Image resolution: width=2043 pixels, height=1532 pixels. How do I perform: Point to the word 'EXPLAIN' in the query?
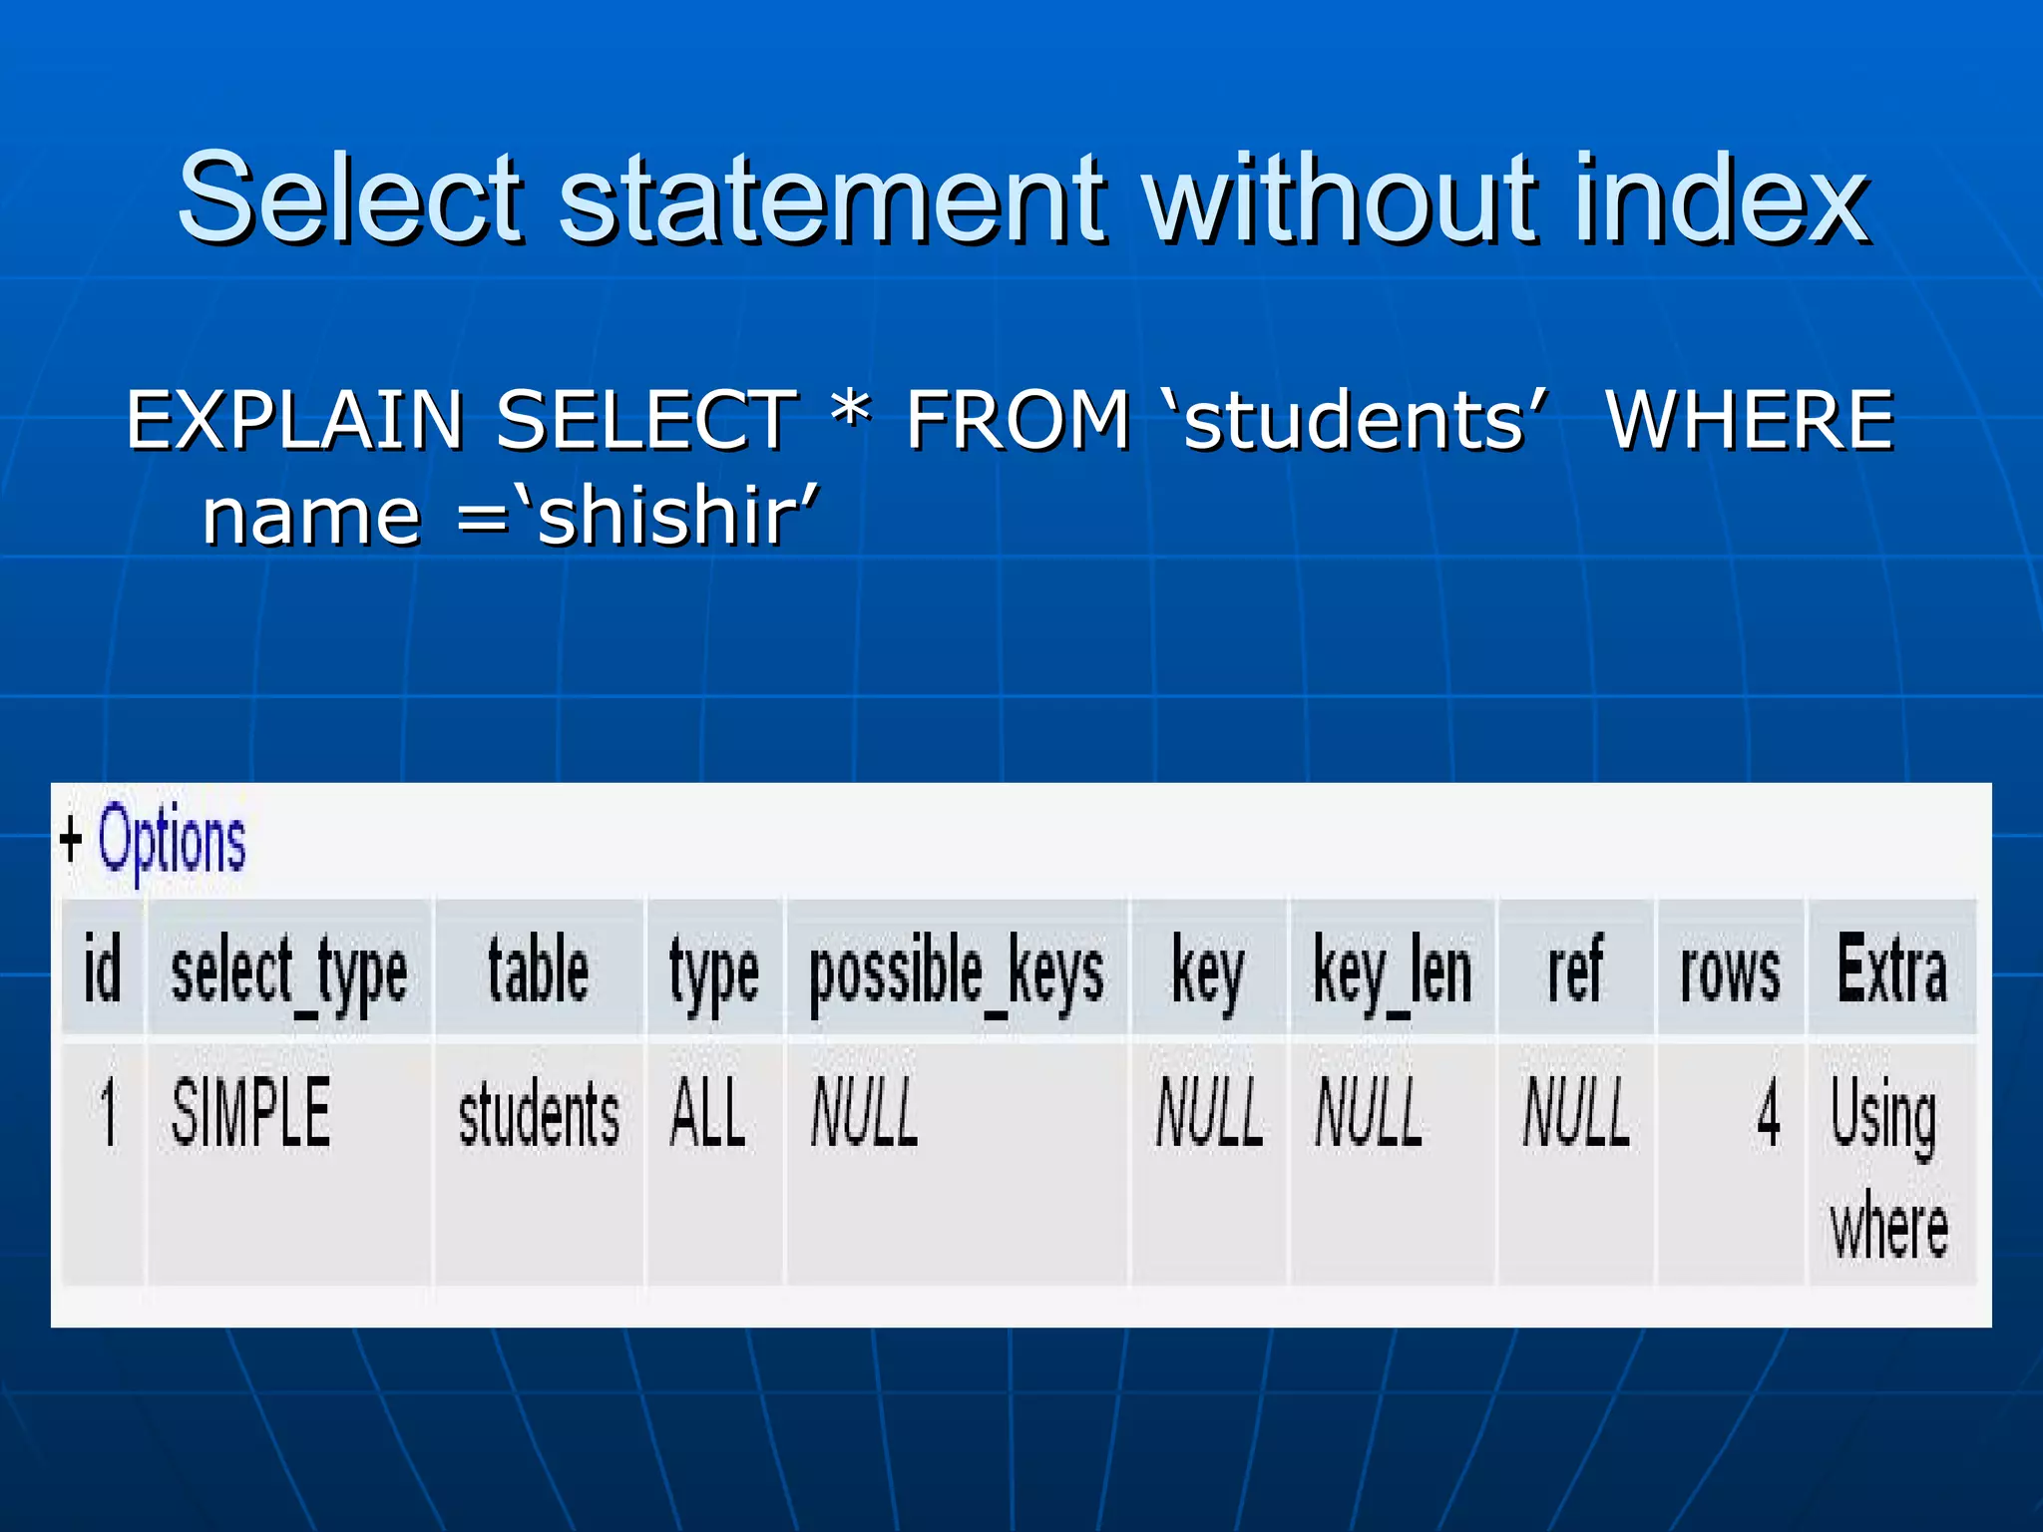pyautogui.click(x=295, y=420)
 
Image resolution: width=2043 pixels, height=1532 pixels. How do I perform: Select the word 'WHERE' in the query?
pyautogui.click(x=1750, y=420)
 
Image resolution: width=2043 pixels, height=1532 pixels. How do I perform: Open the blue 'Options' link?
pyautogui.click(x=172, y=840)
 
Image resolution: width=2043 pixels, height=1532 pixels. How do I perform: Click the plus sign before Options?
pyautogui.click(x=70, y=839)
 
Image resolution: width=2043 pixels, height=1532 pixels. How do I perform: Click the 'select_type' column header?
pyautogui.click(x=289, y=970)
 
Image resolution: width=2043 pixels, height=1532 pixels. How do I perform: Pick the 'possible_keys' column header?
pyautogui.click(x=957, y=970)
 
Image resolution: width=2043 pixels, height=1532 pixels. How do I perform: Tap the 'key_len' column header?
pyautogui.click(x=1393, y=970)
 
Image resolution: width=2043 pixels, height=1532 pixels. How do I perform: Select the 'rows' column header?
pyautogui.click(x=1730, y=970)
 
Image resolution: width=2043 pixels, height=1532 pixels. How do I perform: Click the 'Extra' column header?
pyautogui.click(x=1891, y=968)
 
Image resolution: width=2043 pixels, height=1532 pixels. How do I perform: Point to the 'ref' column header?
pyautogui.click(x=1575, y=968)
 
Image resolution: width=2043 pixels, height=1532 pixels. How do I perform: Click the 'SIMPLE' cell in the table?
pyautogui.click(x=250, y=1113)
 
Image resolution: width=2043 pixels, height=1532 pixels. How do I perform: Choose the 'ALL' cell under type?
pyautogui.click(x=707, y=1113)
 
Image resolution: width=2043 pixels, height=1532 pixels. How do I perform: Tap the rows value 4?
pyautogui.click(x=1768, y=1113)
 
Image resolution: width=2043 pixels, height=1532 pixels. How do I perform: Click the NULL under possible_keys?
pyautogui.click(x=864, y=1113)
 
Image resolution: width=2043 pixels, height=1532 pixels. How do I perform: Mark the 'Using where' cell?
pyautogui.click(x=1887, y=1167)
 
